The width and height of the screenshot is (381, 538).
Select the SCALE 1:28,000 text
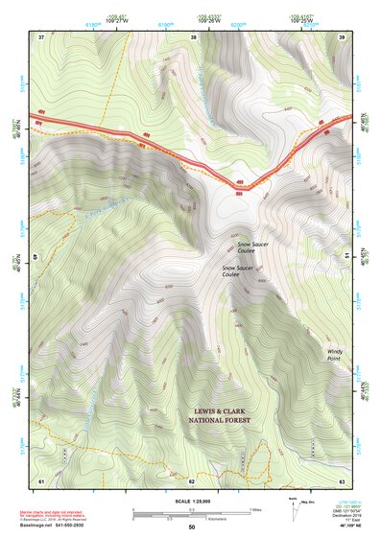tap(192, 500)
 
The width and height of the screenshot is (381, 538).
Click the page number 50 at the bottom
tap(192, 527)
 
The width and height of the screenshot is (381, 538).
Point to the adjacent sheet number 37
tap(41, 36)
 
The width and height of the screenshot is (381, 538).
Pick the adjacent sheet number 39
tap(342, 36)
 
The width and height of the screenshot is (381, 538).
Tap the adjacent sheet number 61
tap(41, 480)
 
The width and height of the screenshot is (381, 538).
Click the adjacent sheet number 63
tap(342, 480)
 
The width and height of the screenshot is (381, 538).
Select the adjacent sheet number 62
tap(192, 480)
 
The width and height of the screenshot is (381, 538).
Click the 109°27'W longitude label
tap(117, 19)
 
